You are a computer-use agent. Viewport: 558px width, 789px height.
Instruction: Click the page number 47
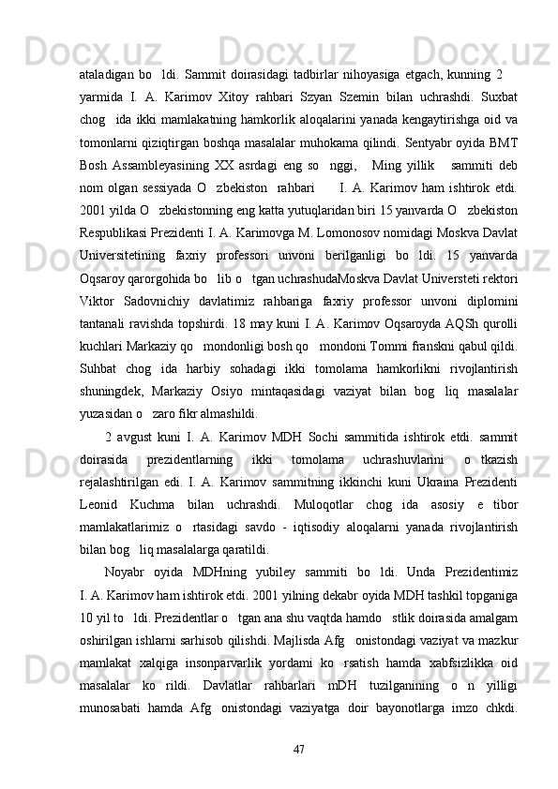300,749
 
